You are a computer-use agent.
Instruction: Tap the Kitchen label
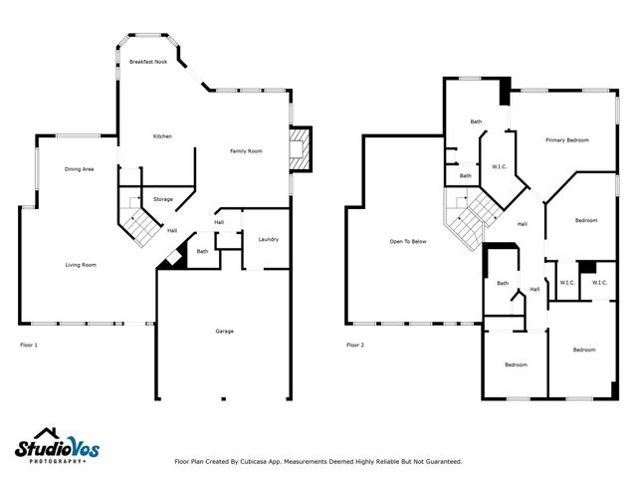click(x=162, y=136)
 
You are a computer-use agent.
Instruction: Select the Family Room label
click(x=246, y=151)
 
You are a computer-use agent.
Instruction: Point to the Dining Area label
click(x=80, y=169)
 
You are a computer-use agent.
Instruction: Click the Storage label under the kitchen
click(x=163, y=199)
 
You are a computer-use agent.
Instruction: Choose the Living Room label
click(x=81, y=265)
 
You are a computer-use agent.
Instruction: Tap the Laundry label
click(x=268, y=240)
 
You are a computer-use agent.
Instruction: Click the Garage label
click(x=225, y=331)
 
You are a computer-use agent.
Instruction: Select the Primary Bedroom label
click(x=567, y=140)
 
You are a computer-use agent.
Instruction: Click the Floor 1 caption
click(x=29, y=345)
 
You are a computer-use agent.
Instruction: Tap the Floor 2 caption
click(x=355, y=345)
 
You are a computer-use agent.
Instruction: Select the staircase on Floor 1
click(x=139, y=220)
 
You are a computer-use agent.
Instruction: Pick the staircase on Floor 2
click(x=470, y=218)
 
